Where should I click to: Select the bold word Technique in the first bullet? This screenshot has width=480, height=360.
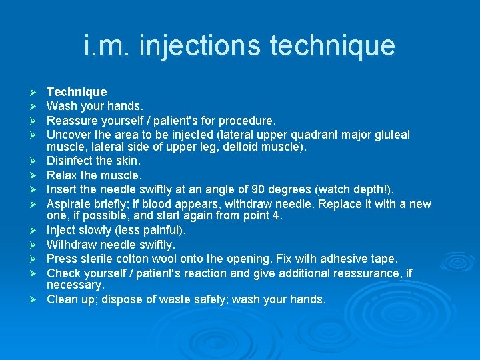pos(77,92)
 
